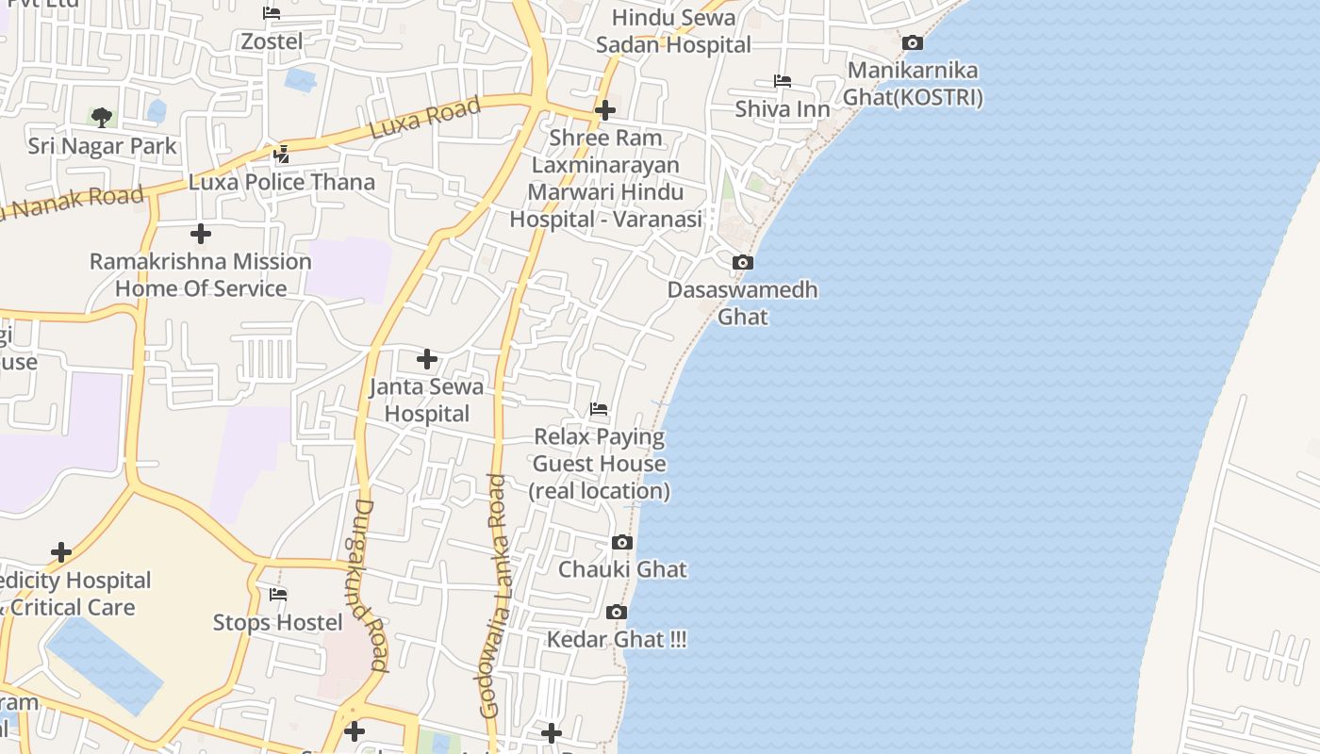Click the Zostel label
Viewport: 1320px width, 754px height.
click(272, 41)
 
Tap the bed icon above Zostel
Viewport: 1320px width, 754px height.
click(272, 13)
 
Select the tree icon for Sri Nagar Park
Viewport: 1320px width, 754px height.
click(102, 118)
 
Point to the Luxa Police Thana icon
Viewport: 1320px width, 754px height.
click(281, 154)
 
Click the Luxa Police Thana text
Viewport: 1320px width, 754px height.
click(281, 182)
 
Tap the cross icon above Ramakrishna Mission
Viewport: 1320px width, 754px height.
click(201, 234)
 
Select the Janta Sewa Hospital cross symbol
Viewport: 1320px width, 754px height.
click(427, 359)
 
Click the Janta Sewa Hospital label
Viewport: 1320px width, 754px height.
click(426, 400)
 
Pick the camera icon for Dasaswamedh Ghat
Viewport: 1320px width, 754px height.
click(743, 262)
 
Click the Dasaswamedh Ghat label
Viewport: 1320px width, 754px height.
click(743, 303)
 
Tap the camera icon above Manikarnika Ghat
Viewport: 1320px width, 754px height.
click(913, 42)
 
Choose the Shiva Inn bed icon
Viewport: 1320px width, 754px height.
click(783, 81)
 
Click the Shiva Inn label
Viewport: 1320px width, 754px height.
click(783, 109)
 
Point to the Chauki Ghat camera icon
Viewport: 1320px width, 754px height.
click(622, 542)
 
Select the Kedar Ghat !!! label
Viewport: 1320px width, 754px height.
click(617, 640)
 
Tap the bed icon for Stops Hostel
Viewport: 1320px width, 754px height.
click(278, 595)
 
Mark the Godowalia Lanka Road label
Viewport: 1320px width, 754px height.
click(494, 596)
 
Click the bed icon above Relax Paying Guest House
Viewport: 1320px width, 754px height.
click(599, 409)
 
